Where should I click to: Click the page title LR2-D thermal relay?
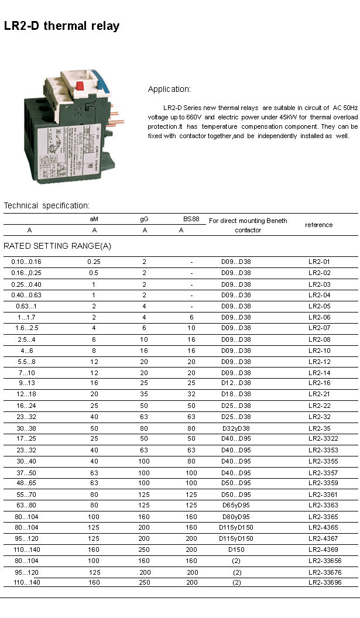pyautogui.click(x=61, y=26)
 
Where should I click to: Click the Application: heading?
pyautogui.click(x=169, y=90)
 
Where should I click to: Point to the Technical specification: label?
pyautogui.click(x=47, y=205)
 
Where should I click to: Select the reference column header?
pyautogui.click(x=318, y=225)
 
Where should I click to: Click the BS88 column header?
pyautogui.click(x=191, y=219)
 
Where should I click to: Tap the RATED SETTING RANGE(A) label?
pyautogui.click(x=57, y=246)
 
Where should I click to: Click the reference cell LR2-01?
pyautogui.click(x=319, y=262)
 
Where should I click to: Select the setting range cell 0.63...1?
pyautogui.click(x=27, y=306)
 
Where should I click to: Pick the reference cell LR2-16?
pyautogui.click(x=319, y=383)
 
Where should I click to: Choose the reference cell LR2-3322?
pyautogui.click(x=323, y=439)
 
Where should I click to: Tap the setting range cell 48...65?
pyautogui.click(x=26, y=483)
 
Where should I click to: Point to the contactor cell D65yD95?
pyautogui.click(x=236, y=505)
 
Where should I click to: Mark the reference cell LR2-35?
pyautogui.click(x=319, y=428)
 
